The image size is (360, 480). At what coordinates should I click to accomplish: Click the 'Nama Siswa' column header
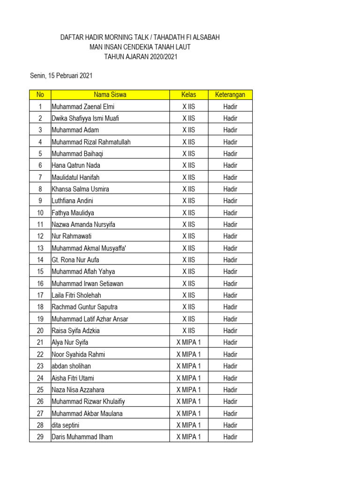(x=110, y=95)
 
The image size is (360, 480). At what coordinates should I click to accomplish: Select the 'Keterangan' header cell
(x=230, y=95)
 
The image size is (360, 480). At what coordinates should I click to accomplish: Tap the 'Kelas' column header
(x=188, y=95)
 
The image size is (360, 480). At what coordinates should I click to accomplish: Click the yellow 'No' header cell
(x=40, y=95)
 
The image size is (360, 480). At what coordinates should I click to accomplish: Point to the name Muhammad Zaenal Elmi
(x=83, y=106)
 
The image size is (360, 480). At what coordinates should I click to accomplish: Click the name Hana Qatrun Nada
(x=76, y=165)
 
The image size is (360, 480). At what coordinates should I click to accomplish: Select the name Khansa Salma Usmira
(x=80, y=189)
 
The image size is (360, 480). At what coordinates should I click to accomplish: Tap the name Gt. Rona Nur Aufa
(x=75, y=260)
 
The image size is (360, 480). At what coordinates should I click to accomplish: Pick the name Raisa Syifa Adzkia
(x=76, y=330)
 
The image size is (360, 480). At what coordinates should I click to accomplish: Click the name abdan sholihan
(x=71, y=366)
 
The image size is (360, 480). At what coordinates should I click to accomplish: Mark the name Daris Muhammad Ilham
(x=82, y=437)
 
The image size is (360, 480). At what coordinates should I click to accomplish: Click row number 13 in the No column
(x=40, y=248)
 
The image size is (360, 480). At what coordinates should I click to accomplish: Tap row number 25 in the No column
(x=40, y=390)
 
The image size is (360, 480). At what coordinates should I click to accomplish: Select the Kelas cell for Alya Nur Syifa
(x=188, y=342)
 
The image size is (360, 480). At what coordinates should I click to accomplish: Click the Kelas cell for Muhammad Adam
(x=188, y=130)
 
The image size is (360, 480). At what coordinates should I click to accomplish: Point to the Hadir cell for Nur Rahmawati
(x=230, y=236)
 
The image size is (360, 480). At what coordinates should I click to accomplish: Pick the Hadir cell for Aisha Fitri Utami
(x=230, y=378)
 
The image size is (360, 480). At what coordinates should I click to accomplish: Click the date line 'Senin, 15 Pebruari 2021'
(x=61, y=75)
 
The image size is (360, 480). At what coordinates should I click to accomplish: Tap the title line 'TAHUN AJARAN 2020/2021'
(x=141, y=56)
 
